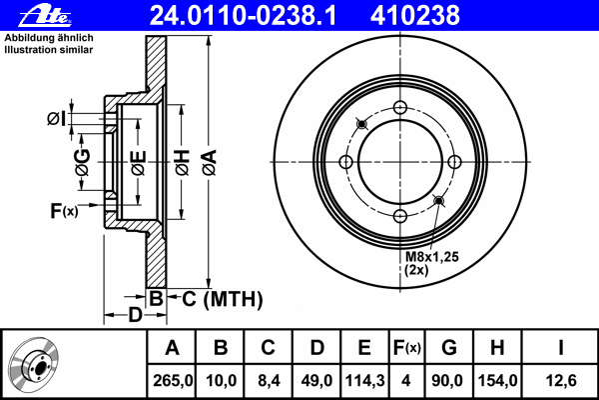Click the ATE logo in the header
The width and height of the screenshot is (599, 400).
coord(45,16)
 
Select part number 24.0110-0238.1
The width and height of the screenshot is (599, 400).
coord(243,16)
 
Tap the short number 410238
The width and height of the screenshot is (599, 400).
coord(415,16)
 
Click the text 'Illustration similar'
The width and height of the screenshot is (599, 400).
coord(49,50)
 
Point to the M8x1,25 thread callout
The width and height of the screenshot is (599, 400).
coord(431,257)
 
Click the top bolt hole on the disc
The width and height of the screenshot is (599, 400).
coord(400,108)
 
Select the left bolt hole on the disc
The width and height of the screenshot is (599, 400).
coord(346,162)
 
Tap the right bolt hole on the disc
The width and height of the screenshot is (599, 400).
coord(454,162)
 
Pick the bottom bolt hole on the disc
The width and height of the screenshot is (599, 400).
coord(400,216)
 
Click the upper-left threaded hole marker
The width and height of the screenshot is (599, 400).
coord(361,124)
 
